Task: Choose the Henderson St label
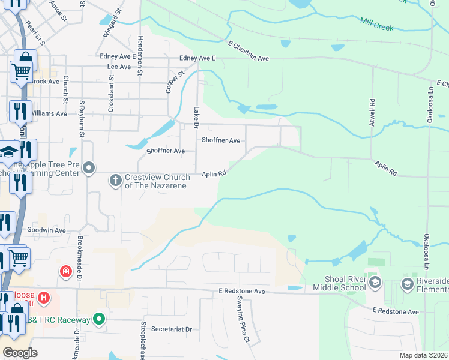tap(140, 55)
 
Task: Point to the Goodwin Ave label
tap(46, 230)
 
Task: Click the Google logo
tap(20, 353)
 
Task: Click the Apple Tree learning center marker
tap(89, 167)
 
